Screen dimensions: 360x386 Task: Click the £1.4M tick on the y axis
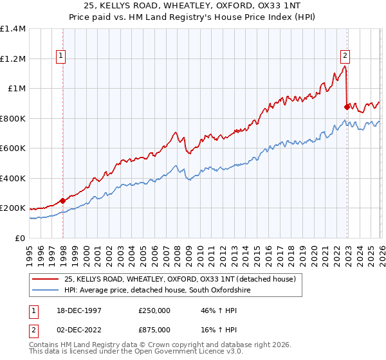click(x=13, y=29)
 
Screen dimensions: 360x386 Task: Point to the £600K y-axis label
click(x=13, y=148)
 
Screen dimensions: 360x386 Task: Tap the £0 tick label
click(x=19, y=238)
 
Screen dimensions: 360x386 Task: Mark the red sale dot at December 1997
click(x=63, y=201)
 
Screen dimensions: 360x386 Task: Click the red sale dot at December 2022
click(x=347, y=107)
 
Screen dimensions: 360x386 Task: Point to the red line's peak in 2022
click(x=345, y=66)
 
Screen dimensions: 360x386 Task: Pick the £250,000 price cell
click(x=154, y=310)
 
